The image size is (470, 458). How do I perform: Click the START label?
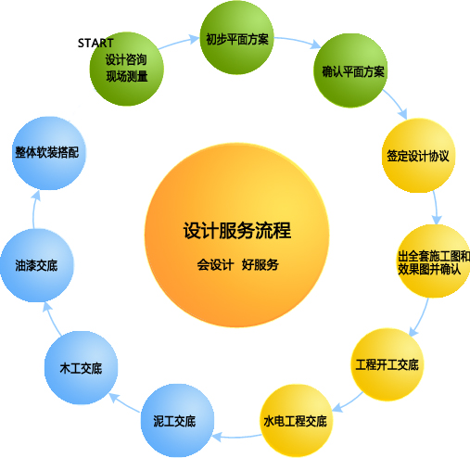(x=95, y=43)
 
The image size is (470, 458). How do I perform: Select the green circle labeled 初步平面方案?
(x=237, y=38)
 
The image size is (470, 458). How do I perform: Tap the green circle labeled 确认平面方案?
(x=350, y=70)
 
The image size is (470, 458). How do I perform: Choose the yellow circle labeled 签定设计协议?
(x=418, y=156)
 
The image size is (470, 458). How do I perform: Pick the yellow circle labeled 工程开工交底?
(x=387, y=364)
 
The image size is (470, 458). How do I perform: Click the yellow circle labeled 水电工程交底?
(x=296, y=421)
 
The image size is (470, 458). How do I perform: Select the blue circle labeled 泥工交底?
(x=177, y=421)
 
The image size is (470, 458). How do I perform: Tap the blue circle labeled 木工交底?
(x=81, y=368)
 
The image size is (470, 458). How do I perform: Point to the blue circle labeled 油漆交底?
(x=37, y=265)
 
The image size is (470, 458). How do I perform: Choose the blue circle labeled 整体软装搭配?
(x=49, y=153)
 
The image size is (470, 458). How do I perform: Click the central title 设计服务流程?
(x=237, y=231)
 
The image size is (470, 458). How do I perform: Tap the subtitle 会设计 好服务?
(x=238, y=265)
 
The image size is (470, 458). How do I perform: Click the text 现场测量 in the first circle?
(x=127, y=76)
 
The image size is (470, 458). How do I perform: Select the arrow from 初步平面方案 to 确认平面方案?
(x=298, y=41)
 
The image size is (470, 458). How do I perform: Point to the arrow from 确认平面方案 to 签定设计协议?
(x=397, y=104)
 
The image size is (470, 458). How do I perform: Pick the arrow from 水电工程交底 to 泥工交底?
(x=236, y=437)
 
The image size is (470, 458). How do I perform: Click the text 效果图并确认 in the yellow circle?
(x=429, y=270)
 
